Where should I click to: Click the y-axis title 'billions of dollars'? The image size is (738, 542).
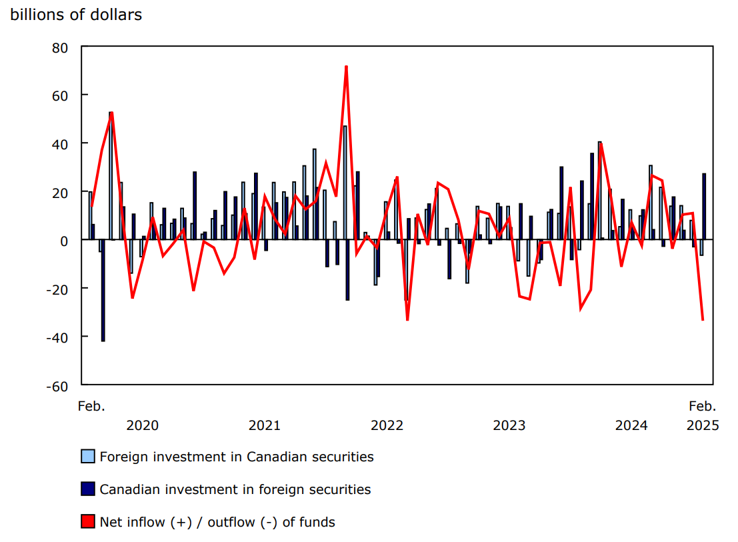[76, 15]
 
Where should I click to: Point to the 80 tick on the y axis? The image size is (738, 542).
[61, 47]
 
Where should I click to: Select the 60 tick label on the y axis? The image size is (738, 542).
[61, 95]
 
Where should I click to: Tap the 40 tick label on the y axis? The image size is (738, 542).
[61, 144]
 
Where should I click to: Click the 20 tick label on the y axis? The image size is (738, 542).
[61, 193]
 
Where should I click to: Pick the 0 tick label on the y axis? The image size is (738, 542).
[65, 241]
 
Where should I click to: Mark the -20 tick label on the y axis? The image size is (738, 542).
[59, 289]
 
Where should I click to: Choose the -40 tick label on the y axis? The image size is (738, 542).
[59, 337]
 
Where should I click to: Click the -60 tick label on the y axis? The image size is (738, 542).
[59, 386]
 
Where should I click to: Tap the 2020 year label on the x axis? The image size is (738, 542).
[142, 425]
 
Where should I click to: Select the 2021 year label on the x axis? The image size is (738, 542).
[265, 425]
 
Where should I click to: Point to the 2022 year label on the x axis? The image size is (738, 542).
[387, 425]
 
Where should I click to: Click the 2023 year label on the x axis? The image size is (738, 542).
[509, 425]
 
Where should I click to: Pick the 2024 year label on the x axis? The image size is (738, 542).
[631, 425]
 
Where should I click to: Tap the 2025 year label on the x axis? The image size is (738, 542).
[703, 425]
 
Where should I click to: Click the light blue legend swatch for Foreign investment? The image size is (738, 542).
[88, 457]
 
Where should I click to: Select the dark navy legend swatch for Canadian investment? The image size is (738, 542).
[88, 489]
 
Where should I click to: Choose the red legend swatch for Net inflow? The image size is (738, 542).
[88, 522]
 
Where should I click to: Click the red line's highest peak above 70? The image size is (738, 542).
[346, 67]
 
